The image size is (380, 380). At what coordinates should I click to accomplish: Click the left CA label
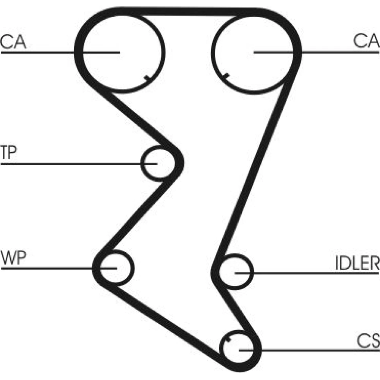pyautogui.click(x=13, y=41)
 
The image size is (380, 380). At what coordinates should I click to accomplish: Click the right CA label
pyautogui.click(x=366, y=41)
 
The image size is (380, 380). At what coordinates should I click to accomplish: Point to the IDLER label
pyautogui.click(x=357, y=263)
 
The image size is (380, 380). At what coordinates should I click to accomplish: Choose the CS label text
pyautogui.click(x=368, y=340)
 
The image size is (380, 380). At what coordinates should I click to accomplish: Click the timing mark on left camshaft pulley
pyautogui.click(x=146, y=78)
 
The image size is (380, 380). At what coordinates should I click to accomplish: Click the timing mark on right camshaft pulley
pyautogui.click(x=226, y=76)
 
